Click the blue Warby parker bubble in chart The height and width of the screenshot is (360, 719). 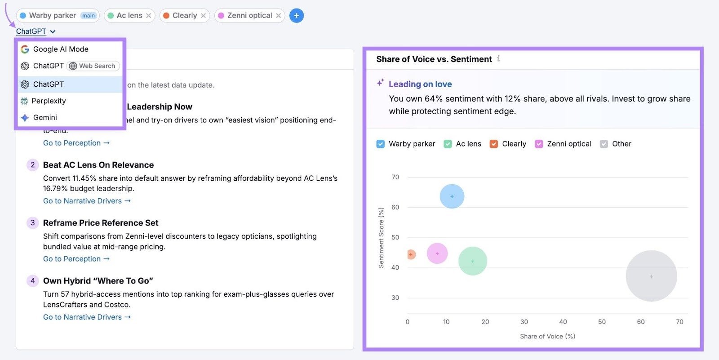pos(452,196)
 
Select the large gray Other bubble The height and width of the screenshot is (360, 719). pos(651,276)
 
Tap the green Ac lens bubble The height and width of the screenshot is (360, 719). pos(472,261)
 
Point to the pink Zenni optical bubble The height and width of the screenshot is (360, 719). pos(437,253)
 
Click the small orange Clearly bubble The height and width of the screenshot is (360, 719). pos(411,255)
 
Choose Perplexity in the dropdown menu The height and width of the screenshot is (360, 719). pos(49,101)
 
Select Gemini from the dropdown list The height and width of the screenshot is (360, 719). pos(45,117)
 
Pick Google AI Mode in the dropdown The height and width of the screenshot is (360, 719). pos(61,49)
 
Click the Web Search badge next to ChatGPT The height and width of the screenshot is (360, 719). pos(93,66)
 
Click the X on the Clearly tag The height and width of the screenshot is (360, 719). pos(203,16)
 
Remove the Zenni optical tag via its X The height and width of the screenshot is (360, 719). pos(278,16)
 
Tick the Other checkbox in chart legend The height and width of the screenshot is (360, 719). pos(604,144)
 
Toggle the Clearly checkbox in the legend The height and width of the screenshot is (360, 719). pos(493,144)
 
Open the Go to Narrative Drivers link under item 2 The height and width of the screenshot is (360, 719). pos(87,201)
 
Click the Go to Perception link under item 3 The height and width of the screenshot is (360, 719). pos(76,259)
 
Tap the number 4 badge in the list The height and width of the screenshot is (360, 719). pos(32,281)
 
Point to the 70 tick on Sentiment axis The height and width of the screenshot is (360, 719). pos(395,177)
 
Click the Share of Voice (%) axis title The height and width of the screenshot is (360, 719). pos(547,336)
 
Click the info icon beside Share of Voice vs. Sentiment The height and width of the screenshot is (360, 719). pos(498,59)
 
